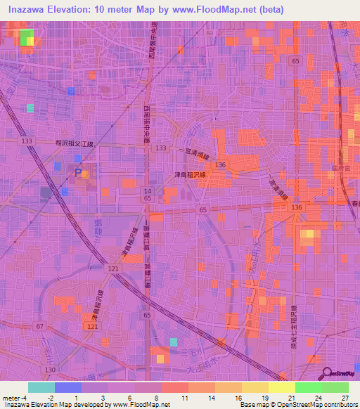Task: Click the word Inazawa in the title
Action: point(30,9)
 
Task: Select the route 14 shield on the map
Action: point(148,191)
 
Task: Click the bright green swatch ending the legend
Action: point(335,387)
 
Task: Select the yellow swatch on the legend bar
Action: point(281,387)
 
